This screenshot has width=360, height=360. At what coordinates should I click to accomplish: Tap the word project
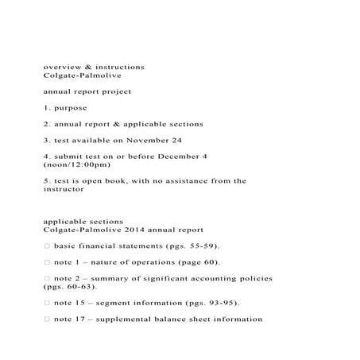click(x=113, y=91)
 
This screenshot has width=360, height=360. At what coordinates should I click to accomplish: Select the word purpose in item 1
click(x=71, y=107)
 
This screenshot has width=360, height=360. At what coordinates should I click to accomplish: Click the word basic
click(x=67, y=246)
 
